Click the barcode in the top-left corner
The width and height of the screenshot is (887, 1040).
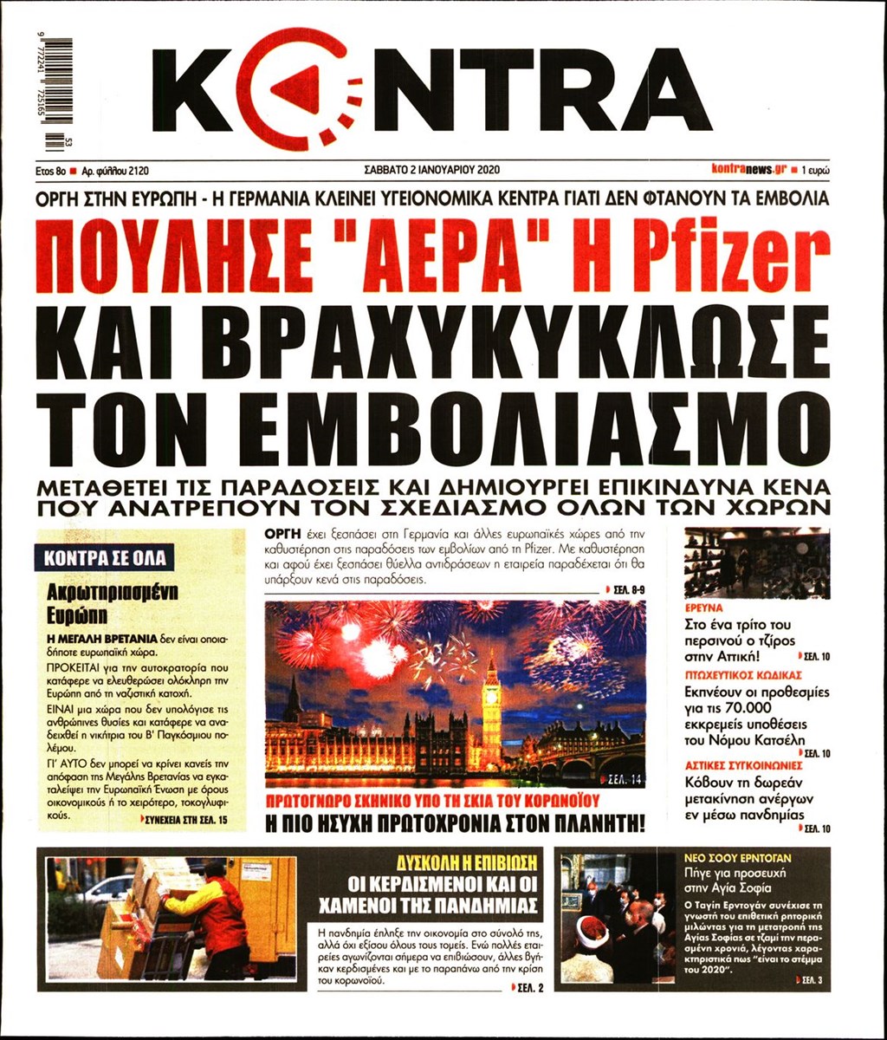point(59,94)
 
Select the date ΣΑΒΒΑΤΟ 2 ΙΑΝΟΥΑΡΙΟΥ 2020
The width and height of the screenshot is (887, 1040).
point(434,170)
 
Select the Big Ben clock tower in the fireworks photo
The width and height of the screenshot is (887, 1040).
point(491,711)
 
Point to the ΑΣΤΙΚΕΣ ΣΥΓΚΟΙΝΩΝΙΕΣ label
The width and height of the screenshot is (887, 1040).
point(731,765)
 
